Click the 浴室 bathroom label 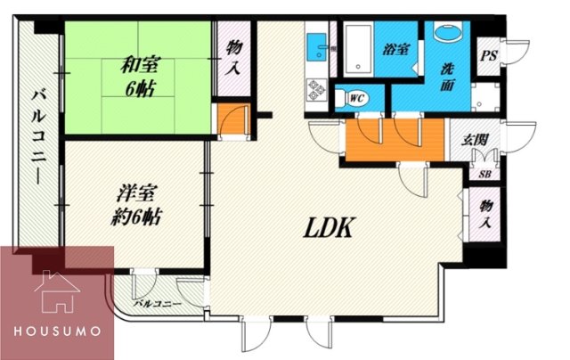pos(397,49)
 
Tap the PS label pos(488,56)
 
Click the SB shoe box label pos(485,174)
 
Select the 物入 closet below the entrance pos(485,216)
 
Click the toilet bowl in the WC pos(344,95)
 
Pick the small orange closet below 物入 pos(230,120)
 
